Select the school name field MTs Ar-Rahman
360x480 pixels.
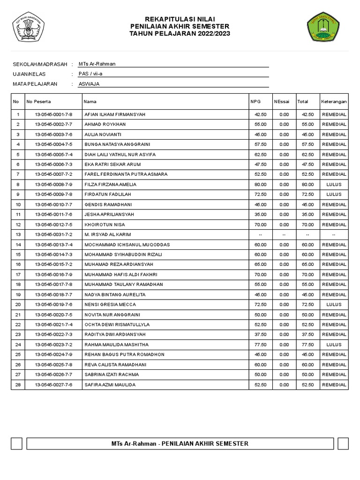point(97,64)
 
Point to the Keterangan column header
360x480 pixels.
point(334,101)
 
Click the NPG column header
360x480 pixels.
point(255,101)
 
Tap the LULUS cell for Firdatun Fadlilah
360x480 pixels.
point(334,195)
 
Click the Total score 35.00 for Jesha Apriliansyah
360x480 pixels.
point(308,214)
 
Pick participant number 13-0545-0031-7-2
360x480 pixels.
point(53,234)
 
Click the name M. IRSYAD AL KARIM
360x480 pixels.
point(107,234)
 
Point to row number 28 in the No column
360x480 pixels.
point(18,384)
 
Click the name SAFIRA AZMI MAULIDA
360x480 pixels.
point(110,384)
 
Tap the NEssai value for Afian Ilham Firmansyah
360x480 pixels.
point(284,114)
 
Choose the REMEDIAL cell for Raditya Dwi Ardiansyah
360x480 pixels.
point(334,334)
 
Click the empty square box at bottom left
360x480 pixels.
point(17,443)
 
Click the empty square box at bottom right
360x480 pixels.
point(343,443)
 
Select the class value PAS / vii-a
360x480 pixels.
point(90,74)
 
